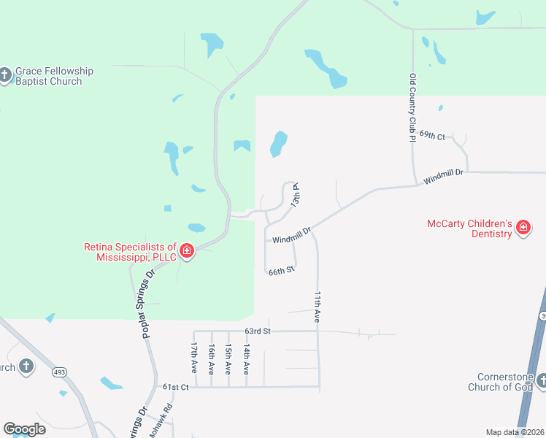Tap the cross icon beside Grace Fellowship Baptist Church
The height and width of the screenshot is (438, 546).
[x=6, y=75]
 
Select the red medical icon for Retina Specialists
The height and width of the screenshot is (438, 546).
[x=187, y=252]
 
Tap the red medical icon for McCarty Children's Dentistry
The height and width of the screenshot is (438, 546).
[x=523, y=228]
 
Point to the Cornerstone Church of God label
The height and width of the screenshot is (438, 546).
[x=504, y=382]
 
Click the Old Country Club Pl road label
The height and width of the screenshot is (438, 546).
[x=413, y=107]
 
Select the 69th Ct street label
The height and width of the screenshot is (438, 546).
[x=432, y=135]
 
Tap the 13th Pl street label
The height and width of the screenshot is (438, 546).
[x=296, y=195]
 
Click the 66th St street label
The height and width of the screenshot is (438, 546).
[x=281, y=271]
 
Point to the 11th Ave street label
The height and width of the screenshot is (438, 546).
[x=318, y=307]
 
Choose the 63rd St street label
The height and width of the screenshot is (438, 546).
[x=258, y=331]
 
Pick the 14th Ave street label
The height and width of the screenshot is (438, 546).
[x=247, y=361]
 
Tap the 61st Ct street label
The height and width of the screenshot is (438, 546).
[x=175, y=387]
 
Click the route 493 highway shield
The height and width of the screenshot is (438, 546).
[x=59, y=372]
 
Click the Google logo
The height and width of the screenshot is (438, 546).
[x=24, y=429]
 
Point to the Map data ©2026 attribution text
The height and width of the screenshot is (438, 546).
[x=515, y=432]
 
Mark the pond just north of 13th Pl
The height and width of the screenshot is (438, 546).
[x=278, y=143]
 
